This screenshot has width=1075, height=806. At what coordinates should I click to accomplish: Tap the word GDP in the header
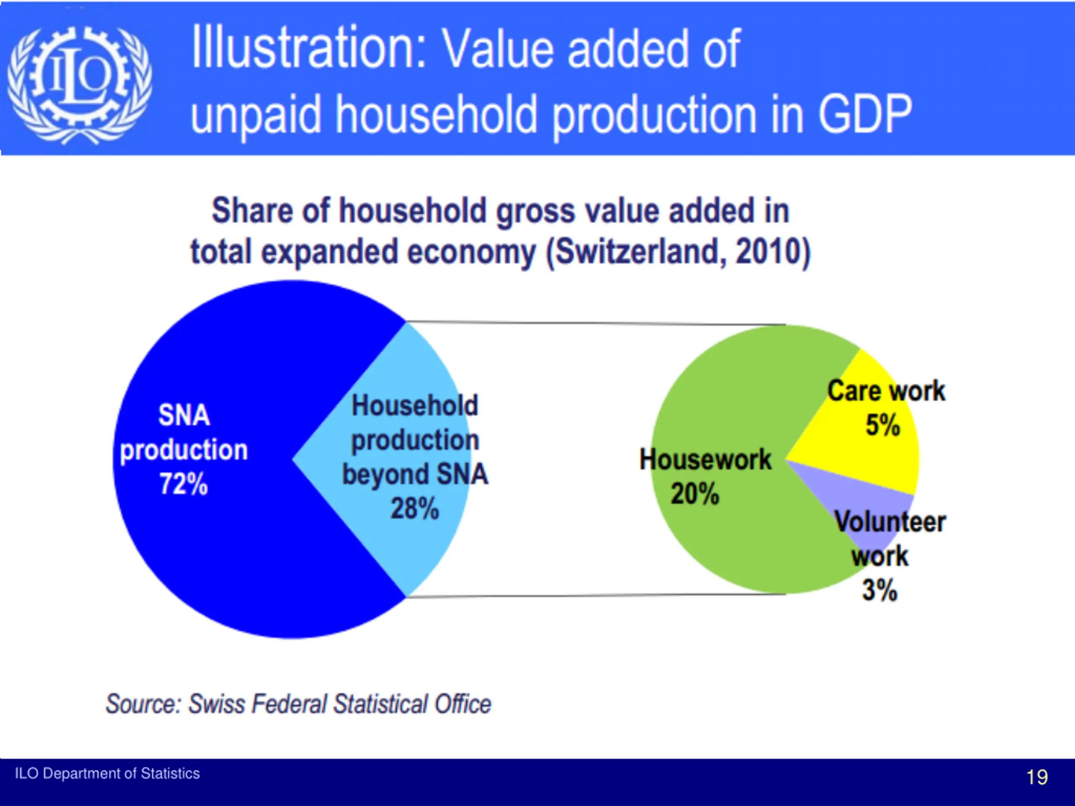click(x=865, y=114)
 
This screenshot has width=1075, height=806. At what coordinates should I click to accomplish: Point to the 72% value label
click(x=184, y=484)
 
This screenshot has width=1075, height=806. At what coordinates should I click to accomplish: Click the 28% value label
click(x=414, y=509)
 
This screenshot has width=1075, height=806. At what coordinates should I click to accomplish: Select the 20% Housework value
click(x=695, y=494)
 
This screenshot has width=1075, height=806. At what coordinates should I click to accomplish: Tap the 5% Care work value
click(x=883, y=425)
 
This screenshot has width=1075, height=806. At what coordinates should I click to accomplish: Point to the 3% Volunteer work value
click(x=880, y=591)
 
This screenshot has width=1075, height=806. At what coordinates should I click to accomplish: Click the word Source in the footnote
click(x=143, y=704)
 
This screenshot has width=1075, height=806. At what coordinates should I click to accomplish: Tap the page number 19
click(x=1037, y=777)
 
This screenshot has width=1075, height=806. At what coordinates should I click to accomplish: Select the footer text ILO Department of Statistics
click(x=107, y=773)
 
